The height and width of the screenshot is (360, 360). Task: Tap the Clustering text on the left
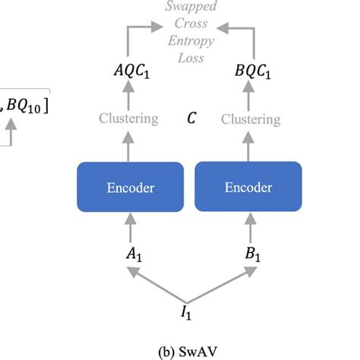point(128,118)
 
